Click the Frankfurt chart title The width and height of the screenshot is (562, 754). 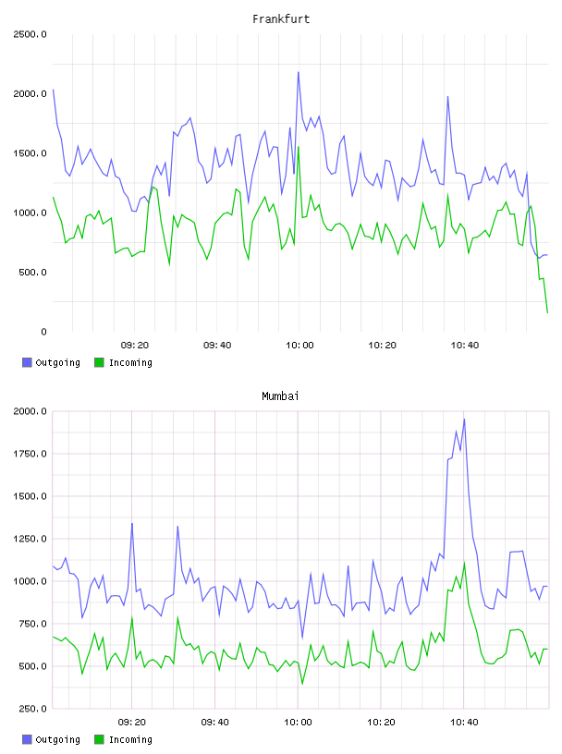pyautogui.click(x=281, y=19)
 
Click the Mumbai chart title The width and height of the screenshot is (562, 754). pyautogui.click(x=280, y=396)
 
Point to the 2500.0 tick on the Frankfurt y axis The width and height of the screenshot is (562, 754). pyautogui.click(x=30, y=34)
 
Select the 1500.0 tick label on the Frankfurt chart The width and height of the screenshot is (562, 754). pyautogui.click(x=30, y=153)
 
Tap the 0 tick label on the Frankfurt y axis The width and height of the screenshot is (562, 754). pyautogui.click(x=43, y=332)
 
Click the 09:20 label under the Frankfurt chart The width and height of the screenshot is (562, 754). pyautogui.click(x=135, y=346)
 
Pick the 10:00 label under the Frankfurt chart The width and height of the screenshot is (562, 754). pyautogui.click(x=299, y=346)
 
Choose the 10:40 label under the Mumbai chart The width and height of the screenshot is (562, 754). pyautogui.click(x=464, y=723)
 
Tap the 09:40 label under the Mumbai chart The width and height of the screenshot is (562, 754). pyautogui.click(x=215, y=723)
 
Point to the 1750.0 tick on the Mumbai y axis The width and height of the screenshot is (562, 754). pyautogui.click(x=30, y=454)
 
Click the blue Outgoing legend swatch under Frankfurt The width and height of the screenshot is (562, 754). pyautogui.click(x=27, y=362)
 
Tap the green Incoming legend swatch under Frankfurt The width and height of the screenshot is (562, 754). pyautogui.click(x=99, y=362)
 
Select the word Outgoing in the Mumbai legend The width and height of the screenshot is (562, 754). pyautogui.click(x=57, y=739)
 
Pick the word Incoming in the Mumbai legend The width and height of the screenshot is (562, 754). pyautogui.click(x=130, y=739)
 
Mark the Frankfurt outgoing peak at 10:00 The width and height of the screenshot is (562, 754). pyautogui.click(x=299, y=73)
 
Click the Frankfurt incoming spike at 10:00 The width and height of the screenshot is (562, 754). pyautogui.click(x=299, y=147)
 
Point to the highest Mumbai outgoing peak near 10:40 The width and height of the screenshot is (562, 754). pyautogui.click(x=464, y=420)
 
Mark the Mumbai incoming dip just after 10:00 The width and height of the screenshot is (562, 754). pyautogui.click(x=302, y=684)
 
